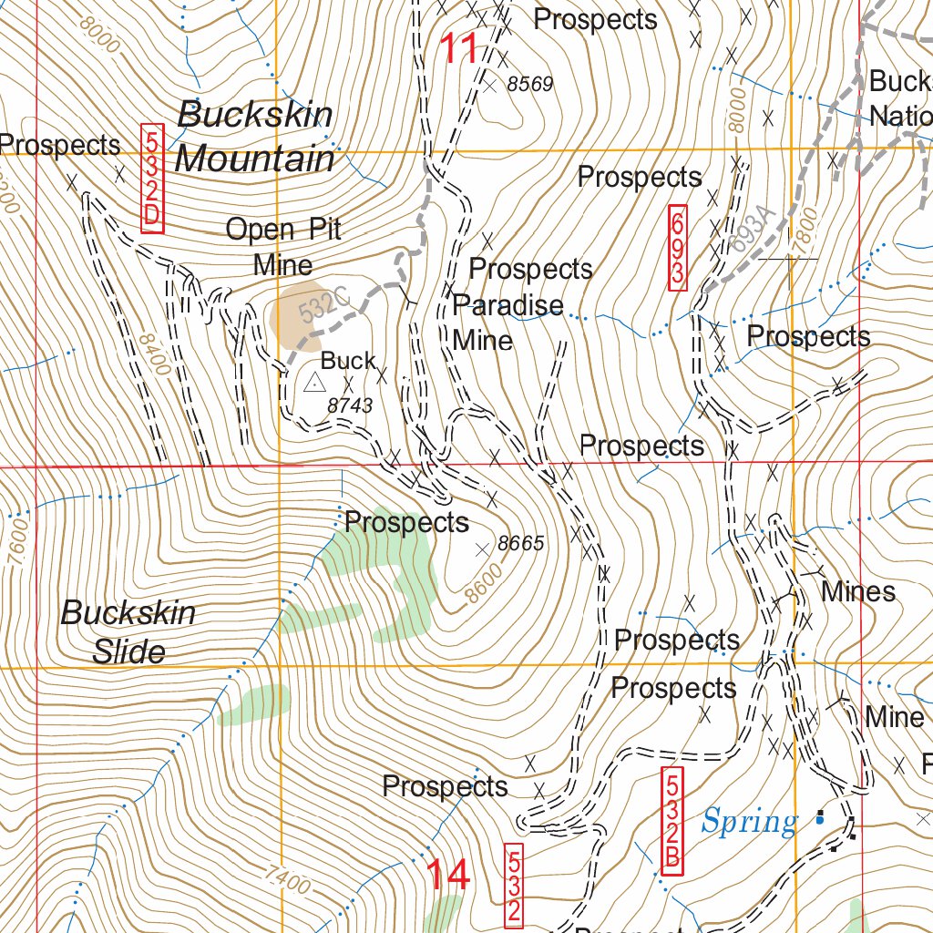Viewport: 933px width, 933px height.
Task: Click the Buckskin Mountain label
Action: [255, 137]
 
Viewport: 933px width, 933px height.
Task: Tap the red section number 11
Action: [460, 48]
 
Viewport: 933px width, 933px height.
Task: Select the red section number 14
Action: [448, 875]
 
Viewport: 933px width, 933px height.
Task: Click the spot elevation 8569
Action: [529, 85]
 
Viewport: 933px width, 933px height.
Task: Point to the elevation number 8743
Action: [350, 405]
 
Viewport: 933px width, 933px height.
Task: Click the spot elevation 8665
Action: [521, 544]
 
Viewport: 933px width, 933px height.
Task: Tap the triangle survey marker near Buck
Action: [313, 383]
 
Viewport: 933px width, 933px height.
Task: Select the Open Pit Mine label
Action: [283, 246]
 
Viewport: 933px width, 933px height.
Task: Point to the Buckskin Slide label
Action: [128, 631]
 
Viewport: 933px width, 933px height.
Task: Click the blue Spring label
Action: [749, 822]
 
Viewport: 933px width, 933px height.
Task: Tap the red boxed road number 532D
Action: [152, 179]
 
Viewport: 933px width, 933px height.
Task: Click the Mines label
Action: [858, 591]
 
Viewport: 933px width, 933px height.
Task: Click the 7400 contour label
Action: [289, 880]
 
